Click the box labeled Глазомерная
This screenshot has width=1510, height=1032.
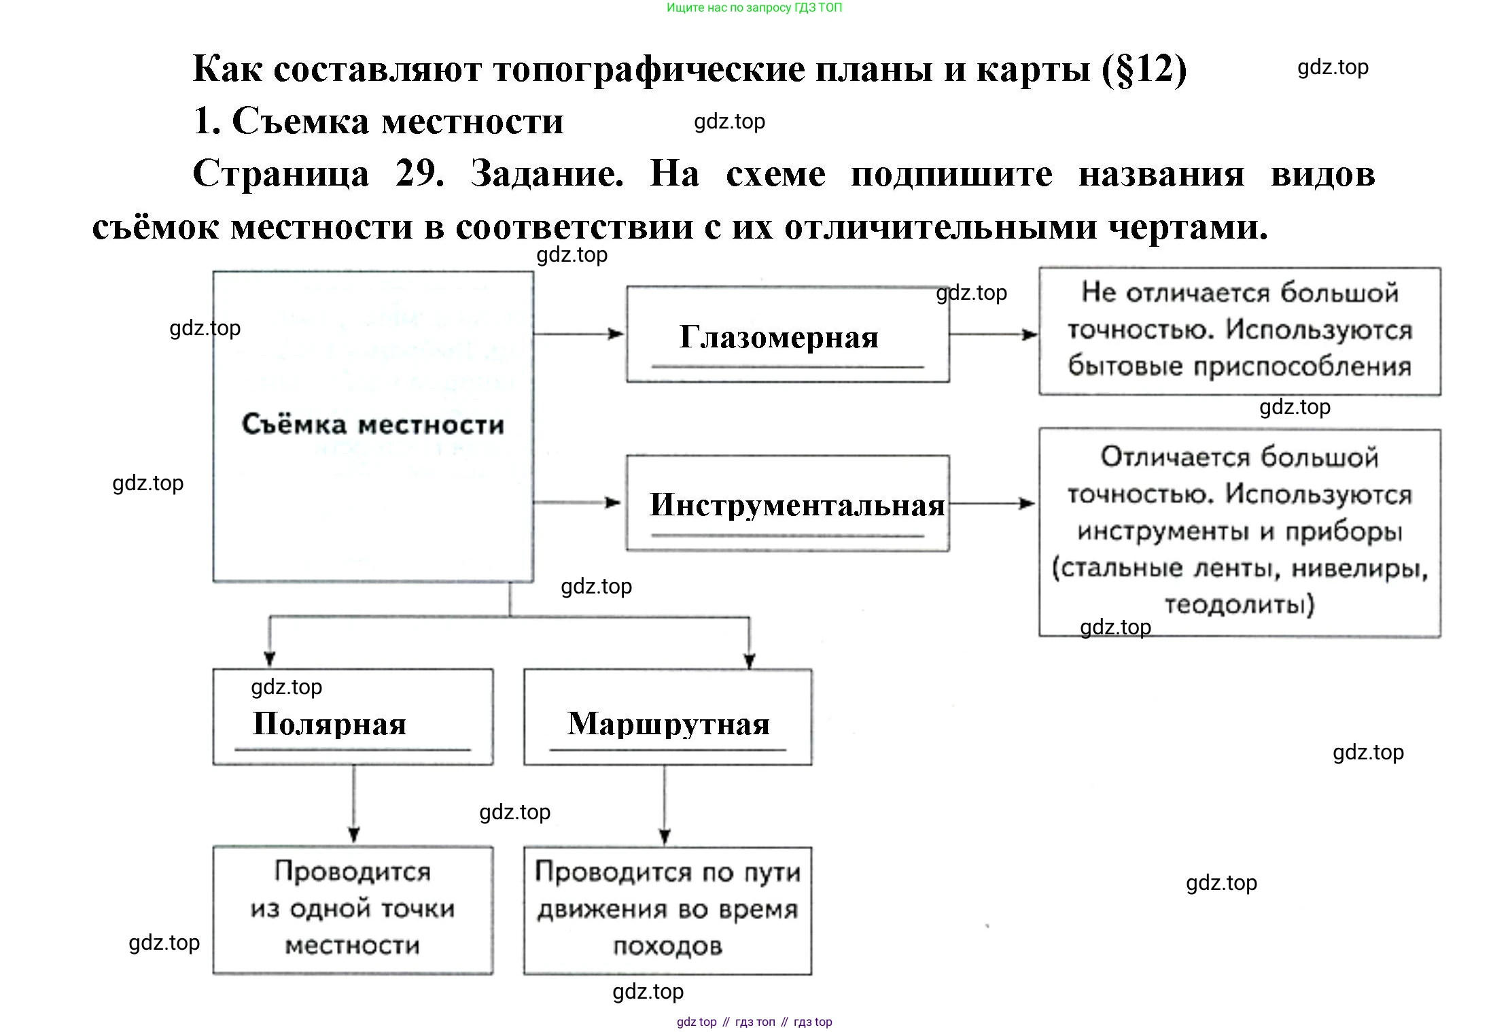pyautogui.click(x=787, y=334)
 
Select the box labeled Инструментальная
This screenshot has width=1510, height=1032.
pyautogui.click(x=787, y=504)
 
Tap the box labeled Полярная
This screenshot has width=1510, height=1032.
pyautogui.click(x=353, y=717)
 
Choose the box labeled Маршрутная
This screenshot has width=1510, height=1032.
pyautogui.click(x=667, y=717)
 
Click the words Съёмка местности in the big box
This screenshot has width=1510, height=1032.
pyautogui.click(x=373, y=425)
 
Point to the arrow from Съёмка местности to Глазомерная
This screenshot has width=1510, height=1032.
pyautogui.click(x=578, y=334)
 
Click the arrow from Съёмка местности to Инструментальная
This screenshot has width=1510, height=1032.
pyautogui.click(x=578, y=503)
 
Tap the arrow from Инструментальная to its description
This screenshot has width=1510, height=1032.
pyautogui.click(x=992, y=504)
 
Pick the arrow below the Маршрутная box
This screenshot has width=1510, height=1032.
pyautogui.click(x=665, y=805)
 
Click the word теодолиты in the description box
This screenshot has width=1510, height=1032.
pyautogui.click(x=1238, y=604)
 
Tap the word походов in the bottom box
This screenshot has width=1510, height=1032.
pyautogui.click(x=667, y=946)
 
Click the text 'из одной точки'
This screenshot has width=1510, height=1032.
pyautogui.click(x=352, y=909)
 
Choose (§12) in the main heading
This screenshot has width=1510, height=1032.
pyautogui.click(x=1144, y=69)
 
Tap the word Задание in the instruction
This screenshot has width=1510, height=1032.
pyautogui.click(x=547, y=174)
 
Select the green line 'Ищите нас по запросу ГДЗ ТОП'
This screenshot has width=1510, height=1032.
pyautogui.click(x=754, y=8)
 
